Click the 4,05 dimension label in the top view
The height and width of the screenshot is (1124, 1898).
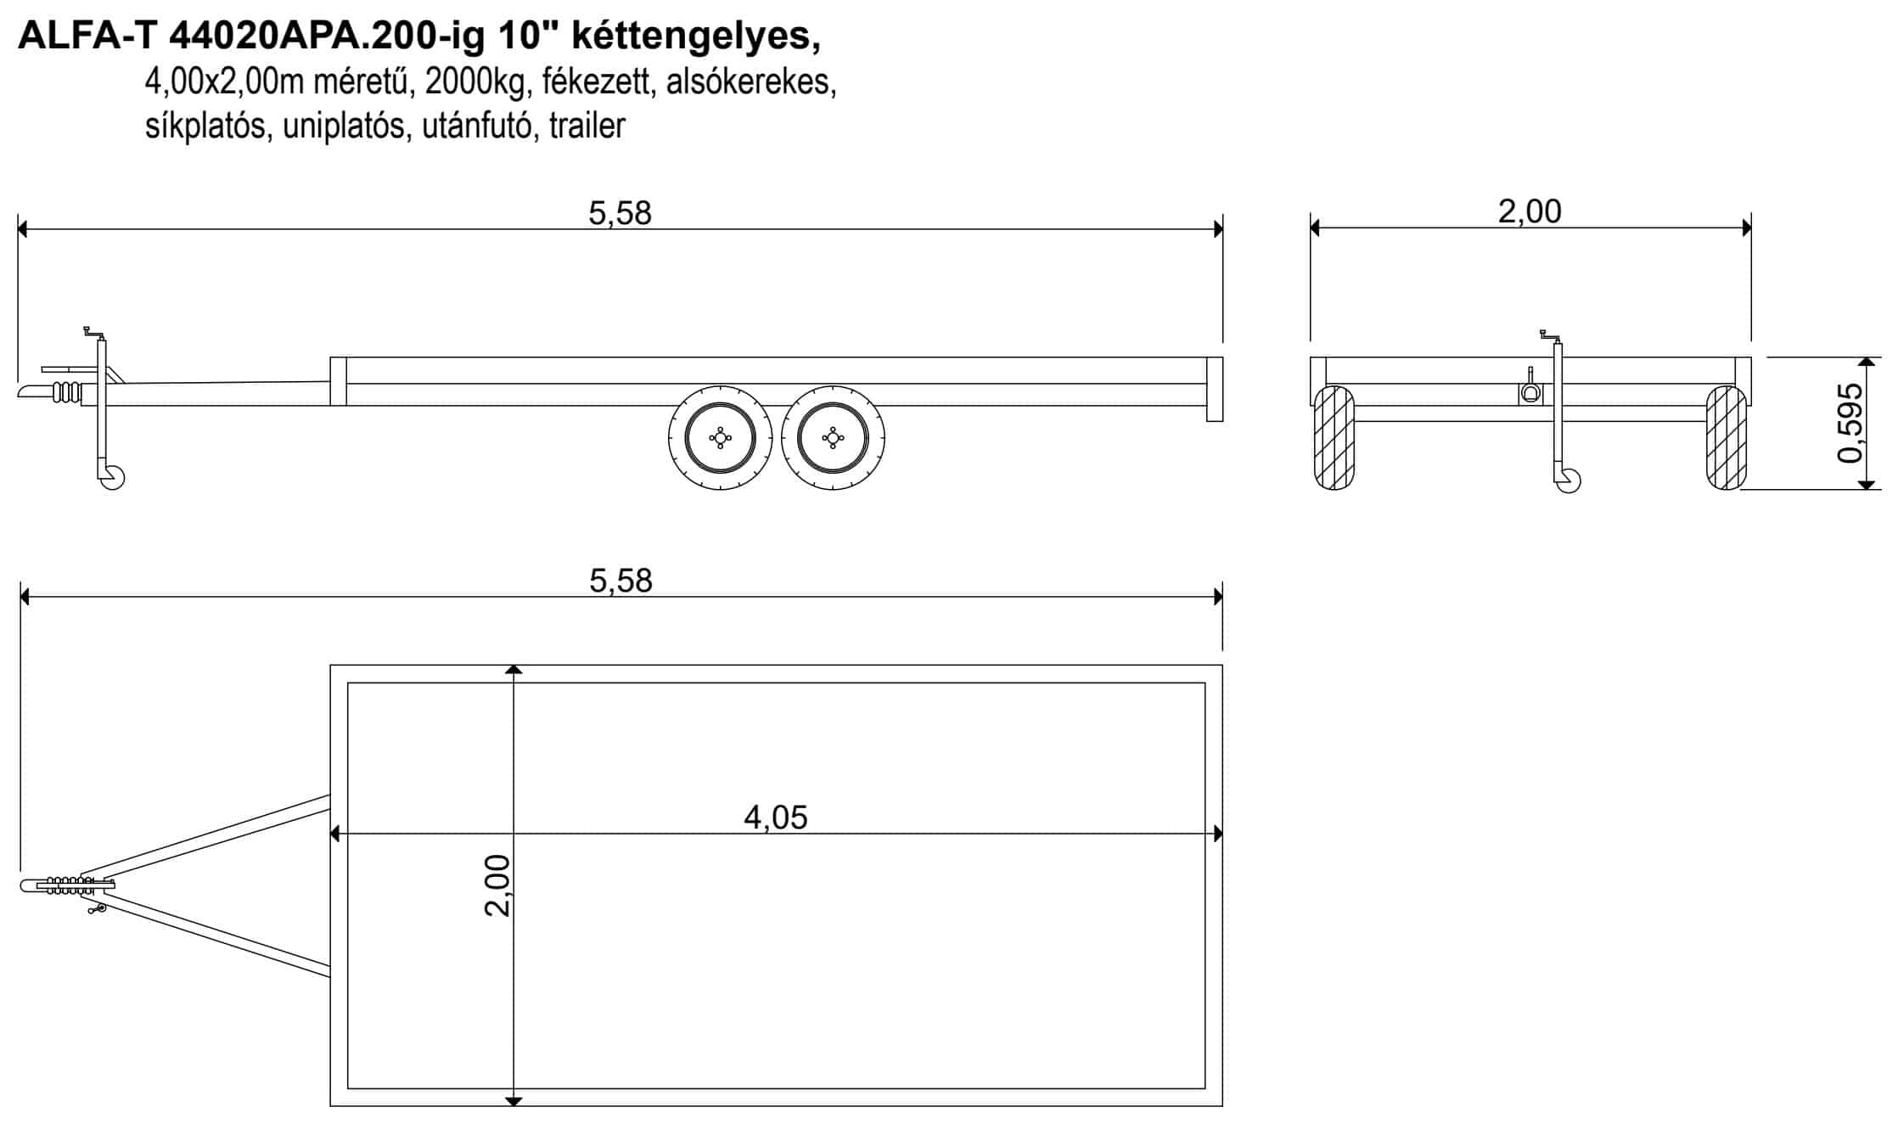pyautogui.click(x=776, y=818)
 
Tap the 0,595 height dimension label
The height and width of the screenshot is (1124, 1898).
pyautogui.click(x=1850, y=424)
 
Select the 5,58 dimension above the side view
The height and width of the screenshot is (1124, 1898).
pyautogui.click(x=620, y=213)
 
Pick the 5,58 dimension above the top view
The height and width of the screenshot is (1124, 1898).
pyautogui.click(x=620, y=581)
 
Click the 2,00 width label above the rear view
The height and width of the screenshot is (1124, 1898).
pyautogui.click(x=1530, y=211)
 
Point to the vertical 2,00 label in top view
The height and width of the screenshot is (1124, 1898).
pyautogui.click(x=497, y=885)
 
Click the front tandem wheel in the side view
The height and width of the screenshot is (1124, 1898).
pyautogui.click(x=720, y=438)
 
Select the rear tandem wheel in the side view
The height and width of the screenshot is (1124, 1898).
pyautogui.click(x=833, y=438)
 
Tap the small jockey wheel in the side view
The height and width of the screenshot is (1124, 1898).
pyautogui.click(x=112, y=477)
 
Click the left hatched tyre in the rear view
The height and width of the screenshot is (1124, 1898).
pyautogui.click(x=1334, y=438)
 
